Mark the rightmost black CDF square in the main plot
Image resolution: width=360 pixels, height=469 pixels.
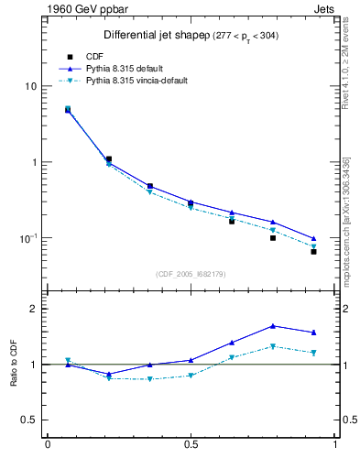(x=313, y=251)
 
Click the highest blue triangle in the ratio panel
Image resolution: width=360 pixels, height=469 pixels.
(x=273, y=326)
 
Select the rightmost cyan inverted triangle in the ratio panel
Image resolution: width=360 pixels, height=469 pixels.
(x=313, y=353)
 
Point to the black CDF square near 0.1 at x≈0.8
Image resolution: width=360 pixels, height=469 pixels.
(x=273, y=238)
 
